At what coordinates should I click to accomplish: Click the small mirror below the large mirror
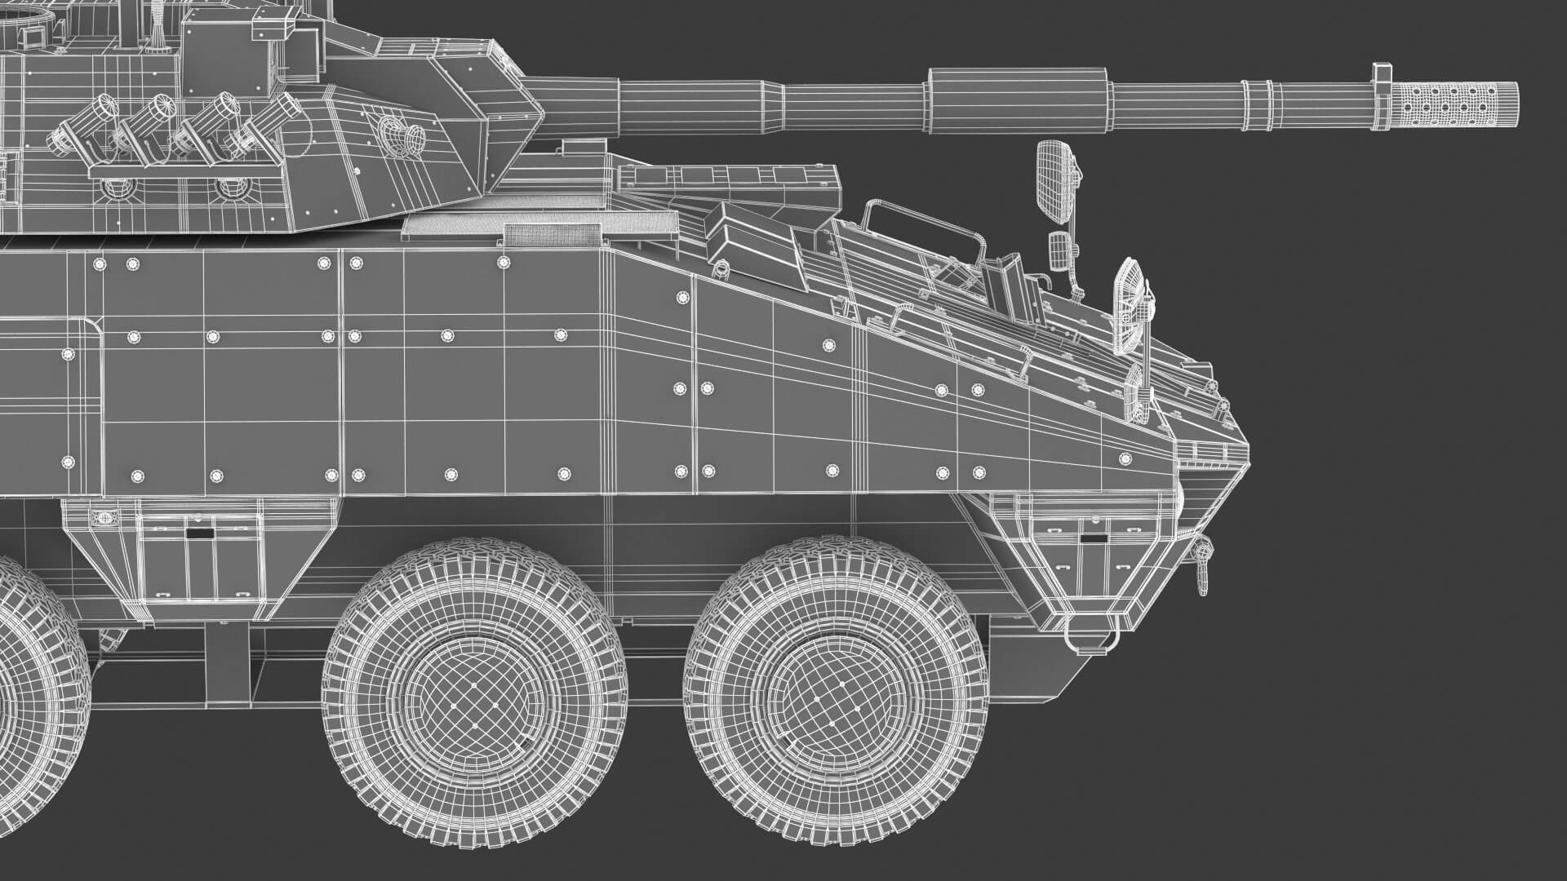[1059, 249]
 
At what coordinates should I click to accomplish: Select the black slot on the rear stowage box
[199, 533]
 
